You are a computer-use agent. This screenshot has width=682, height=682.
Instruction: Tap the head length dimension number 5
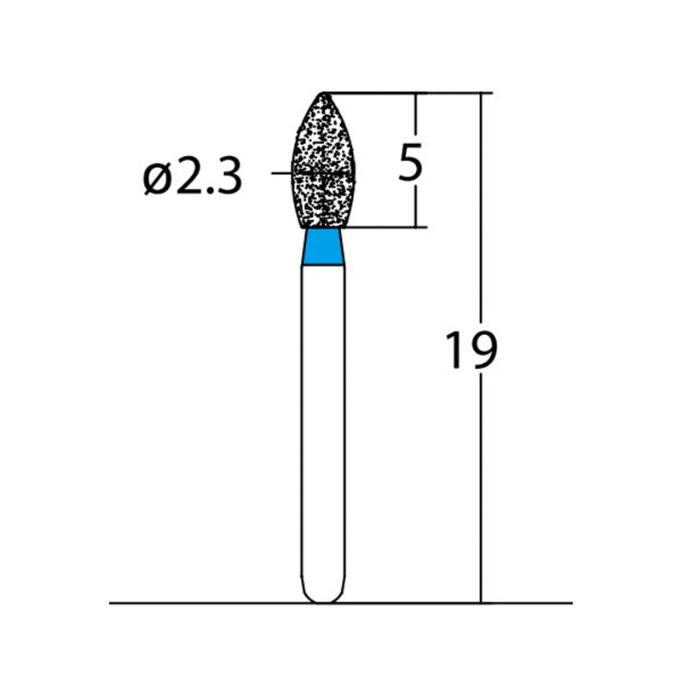coord(410,161)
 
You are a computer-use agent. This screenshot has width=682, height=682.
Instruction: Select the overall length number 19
coord(471,350)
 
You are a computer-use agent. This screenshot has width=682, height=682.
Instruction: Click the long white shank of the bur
coord(324,426)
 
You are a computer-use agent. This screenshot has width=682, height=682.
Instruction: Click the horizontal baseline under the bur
coord(213,603)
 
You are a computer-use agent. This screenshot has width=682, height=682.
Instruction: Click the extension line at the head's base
coord(384,228)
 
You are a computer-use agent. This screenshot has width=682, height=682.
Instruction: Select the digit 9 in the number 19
coord(482,350)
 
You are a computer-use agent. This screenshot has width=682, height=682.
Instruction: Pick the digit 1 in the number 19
coord(455,350)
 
